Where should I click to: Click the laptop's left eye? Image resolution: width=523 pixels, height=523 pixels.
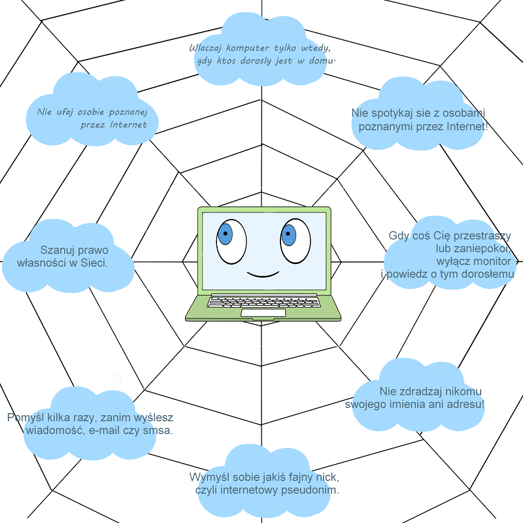231,240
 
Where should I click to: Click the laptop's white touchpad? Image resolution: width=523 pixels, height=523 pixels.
263,313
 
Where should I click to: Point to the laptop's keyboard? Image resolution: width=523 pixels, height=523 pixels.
263,302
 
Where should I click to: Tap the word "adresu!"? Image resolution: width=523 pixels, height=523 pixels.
465,403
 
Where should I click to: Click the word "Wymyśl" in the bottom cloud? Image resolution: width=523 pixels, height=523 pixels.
210,477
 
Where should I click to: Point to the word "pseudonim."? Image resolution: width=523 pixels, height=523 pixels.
311,490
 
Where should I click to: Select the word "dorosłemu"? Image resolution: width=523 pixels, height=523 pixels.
485,274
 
